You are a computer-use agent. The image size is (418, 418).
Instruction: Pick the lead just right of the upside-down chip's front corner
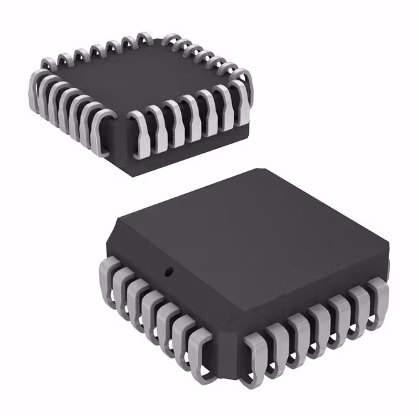140,134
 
